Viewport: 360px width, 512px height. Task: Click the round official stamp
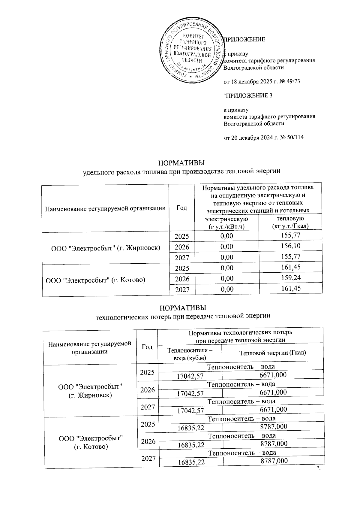pyautogui.click(x=191, y=52)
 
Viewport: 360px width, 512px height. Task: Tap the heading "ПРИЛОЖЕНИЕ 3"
pyautogui.click(x=248, y=96)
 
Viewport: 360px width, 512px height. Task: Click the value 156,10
pyautogui.click(x=291, y=246)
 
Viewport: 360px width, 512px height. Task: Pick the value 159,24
pyautogui.click(x=291, y=278)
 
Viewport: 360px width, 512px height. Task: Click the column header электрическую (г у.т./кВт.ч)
pyautogui.click(x=226, y=223)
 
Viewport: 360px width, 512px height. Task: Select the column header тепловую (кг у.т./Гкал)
pyautogui.click(x=290, y=222)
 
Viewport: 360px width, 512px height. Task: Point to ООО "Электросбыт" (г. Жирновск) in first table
pyautogui.click(x=106, y=248)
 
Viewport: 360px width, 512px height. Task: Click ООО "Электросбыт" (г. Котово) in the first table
pyautogui.click(x=95, y=280)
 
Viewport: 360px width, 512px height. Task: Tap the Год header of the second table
pyautogui.click(x=147, y=347)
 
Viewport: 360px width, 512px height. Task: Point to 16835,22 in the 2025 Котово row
pyautogui.click(x=191, y=427)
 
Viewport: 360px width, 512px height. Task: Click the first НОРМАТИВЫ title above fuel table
pyautogui.click(x=181, y=163)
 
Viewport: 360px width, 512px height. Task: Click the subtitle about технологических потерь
pyautogui.click(x=183, y=316)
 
